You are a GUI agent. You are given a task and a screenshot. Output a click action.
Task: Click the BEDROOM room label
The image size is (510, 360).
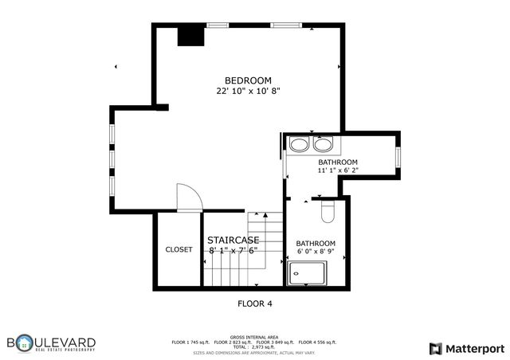248,80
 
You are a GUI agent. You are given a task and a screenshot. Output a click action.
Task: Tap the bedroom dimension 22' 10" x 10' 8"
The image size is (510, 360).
248,92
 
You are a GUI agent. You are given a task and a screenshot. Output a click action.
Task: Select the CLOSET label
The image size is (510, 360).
178,249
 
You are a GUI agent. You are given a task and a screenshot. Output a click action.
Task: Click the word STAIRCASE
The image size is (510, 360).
233,240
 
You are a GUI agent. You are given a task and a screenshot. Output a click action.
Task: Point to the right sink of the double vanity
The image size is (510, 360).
323,144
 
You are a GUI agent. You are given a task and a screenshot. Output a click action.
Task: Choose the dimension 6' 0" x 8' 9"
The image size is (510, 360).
316,253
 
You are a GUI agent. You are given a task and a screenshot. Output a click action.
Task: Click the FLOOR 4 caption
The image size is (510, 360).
255,303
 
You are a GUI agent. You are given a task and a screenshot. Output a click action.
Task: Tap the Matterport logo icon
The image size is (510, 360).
435,348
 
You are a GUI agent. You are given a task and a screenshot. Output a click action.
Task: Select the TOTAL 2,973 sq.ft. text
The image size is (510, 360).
254,347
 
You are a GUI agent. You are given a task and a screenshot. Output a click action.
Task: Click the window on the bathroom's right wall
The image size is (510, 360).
397,156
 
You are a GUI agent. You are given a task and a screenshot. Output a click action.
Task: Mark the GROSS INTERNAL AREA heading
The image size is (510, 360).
254,337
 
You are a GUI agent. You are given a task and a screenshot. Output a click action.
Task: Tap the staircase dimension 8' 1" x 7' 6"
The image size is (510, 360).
233,250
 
